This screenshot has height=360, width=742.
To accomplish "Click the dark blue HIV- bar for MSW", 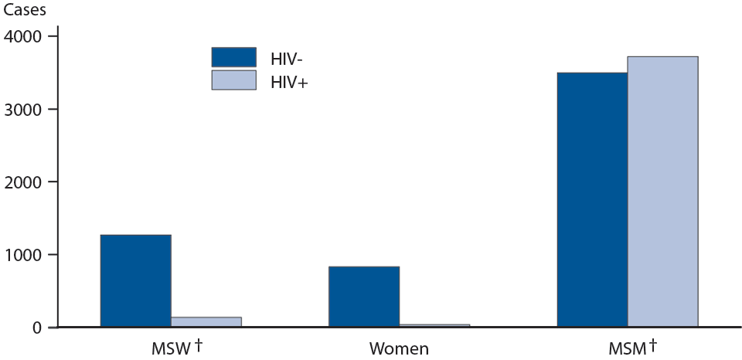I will [x=135, y=280].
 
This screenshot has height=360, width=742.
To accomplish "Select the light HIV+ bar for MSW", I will [x=206, y=322].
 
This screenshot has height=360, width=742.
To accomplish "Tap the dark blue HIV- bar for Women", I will [x=364, y=297].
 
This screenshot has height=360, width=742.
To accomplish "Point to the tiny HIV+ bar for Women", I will [x=434, y=325].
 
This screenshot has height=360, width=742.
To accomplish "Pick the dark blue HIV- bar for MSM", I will [x=592, y=199].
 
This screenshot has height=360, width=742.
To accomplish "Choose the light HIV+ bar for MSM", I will [x=662, y=192].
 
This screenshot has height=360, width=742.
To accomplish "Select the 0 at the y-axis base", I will [x=38, y=328].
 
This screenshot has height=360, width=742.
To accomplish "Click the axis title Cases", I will [x=23, y=10].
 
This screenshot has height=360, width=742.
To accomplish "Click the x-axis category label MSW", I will [x=171, y=349].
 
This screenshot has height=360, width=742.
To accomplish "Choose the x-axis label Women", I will [x=399, y=349].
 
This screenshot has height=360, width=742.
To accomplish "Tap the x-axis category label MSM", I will [x=626, y=349].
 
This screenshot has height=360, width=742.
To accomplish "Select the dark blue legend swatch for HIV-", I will [x=233, y=57].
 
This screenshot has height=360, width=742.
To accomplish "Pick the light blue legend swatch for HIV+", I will [x=233, y=80].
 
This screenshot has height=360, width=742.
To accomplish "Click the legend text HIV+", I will [x=288, y=81].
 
